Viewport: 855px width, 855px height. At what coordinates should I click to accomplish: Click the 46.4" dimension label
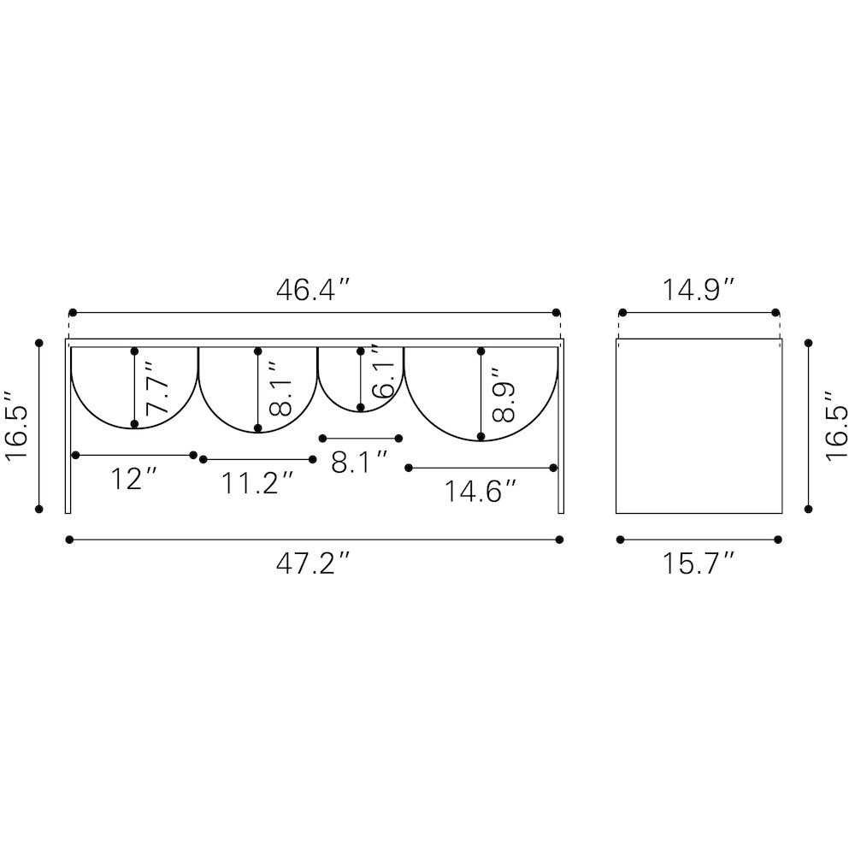pyautogui.click(x=312, y=290)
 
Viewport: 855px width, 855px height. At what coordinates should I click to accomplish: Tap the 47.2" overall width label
pyautogui.click(x=312, y=563)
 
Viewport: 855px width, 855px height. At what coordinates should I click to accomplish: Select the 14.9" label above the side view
pyautogui.click(x=699, y=290)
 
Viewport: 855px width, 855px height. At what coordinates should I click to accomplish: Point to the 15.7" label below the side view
pyautogui.click(x=699, y=563)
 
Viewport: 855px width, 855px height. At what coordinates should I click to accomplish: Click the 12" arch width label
pyautogui.click(x=133, y=479)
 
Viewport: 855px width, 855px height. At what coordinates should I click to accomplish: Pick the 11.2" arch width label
pyautogui.click(x=257, y=483)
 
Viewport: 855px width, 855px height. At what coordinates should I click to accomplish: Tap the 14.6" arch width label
pyautogui.click(x=480, y=492)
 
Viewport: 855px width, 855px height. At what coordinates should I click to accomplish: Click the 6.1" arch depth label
pyautogui.click(x=382, y=371)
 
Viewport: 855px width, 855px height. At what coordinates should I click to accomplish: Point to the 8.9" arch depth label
pyautogui.click(x=504, y=395)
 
